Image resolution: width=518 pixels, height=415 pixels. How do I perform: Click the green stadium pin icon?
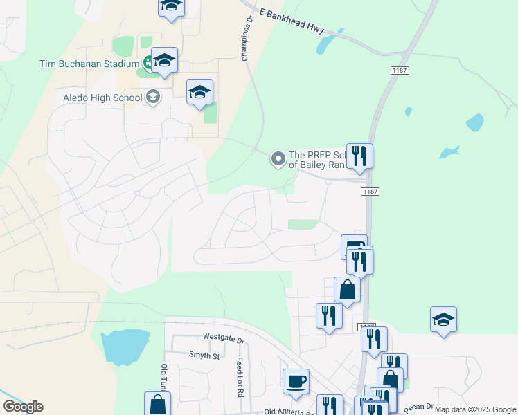pyautogui.click(x=148, y=64)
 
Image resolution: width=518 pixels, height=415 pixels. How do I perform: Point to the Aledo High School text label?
pyautogui.click(x=102, y=98)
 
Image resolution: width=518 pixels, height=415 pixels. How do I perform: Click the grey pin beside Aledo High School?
pyautogui.click(x=153, y=97)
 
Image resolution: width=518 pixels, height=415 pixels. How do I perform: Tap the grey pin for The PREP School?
pyautogui.click(x=278, y=160)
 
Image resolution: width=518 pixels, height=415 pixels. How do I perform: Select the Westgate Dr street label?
pyautogui.click(x=224, y=340)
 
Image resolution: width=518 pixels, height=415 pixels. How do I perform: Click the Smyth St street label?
pyautogui.click(x=204, y=356)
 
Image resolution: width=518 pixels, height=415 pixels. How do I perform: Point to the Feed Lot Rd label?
pyautogui.click(x=240, y=377)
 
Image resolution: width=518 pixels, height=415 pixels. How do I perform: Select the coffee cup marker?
pyautogui.click(x=296, y=382)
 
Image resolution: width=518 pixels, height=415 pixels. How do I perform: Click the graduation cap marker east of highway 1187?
pyautogui.click(x=443, y=320)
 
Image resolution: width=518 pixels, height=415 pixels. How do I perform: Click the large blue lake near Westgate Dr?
pyautogui.click(x=125, y=346)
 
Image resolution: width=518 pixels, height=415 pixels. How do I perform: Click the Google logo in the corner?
pyautogui.click(x=22, y=407)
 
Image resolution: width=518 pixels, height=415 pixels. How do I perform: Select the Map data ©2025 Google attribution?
pyautogui.click(x=475, y=409)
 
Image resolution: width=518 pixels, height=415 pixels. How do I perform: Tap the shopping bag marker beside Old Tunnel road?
pyautogui.click(x=157, y=404)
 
